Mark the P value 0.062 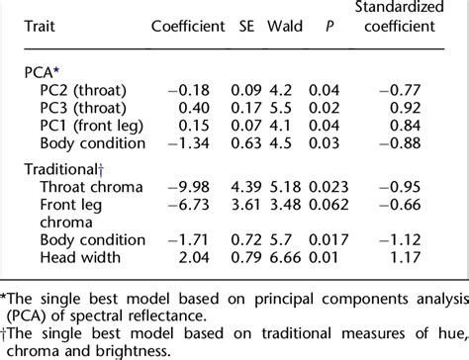pyautogui.click(x=338, y=205)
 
